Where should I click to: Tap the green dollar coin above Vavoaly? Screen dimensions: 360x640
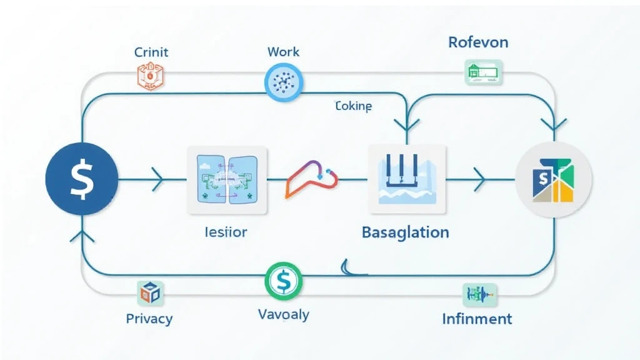tap(283, 281)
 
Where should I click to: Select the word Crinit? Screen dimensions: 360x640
tap(151, 52)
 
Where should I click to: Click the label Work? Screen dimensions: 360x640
tap(283, 52)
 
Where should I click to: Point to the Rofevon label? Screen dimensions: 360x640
tap(478, 42)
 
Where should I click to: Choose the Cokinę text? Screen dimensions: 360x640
tap(353, 106)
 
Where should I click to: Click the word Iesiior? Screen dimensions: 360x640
tap(226, 232)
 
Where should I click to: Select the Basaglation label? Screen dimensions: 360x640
tap(405, 232)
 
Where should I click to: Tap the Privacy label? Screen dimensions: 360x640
tap(149, 319)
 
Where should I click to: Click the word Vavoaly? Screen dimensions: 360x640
tap(283, 314)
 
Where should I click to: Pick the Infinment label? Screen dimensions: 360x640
tap(477, 319)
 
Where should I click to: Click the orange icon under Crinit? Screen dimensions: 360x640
tap(149, 76)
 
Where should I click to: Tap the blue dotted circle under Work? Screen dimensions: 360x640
tap(283, 82)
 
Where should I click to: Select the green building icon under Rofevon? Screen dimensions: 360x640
tap(482, 72)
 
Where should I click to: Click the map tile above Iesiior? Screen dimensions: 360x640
tap(227, 178)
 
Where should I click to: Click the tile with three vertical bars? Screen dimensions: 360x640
tap(407, 176)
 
